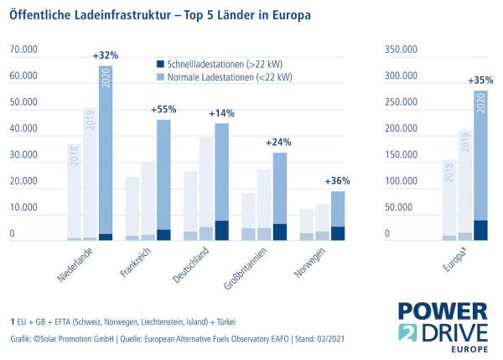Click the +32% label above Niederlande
(x=106, y=55)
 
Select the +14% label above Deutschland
(x=221, y=113)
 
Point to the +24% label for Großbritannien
(x=279, y=143)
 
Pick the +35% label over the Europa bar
(x=480, y=81)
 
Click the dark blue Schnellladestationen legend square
(x=162, y=63)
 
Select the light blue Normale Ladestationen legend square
(x=162, y=77)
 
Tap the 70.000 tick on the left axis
(x=24, y=50)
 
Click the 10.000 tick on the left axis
(x=24, y=209)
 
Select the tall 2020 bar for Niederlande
(x=106, y=151)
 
